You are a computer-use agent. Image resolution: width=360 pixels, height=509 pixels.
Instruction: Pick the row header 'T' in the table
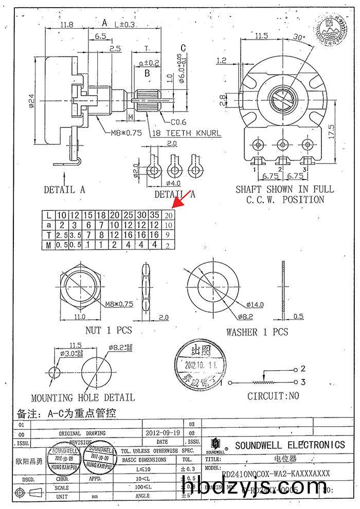48,235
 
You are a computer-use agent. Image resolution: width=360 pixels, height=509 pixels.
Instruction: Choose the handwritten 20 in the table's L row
168,215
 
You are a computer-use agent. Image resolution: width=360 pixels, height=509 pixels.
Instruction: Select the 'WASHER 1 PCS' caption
257,332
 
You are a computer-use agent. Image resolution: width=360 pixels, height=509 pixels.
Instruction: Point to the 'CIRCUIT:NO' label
273,396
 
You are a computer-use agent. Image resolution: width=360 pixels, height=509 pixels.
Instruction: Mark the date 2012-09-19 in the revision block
163,433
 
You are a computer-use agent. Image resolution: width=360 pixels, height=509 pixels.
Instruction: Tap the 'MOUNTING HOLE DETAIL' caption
83,397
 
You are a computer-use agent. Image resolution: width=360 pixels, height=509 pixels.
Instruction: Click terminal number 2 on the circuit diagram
303,369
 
